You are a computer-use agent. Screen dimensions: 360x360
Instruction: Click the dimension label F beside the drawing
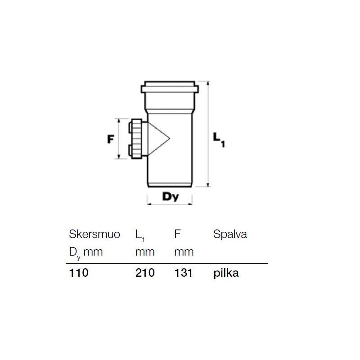click(x=109, y=139)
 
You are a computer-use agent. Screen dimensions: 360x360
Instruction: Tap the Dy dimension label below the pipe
click(x=171, y=196)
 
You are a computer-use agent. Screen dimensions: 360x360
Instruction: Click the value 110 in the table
click(x=79, y=273)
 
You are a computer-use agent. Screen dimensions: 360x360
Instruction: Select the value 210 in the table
click(x=145, y=273)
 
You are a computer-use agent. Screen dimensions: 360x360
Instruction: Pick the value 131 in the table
click(x=184, y=273)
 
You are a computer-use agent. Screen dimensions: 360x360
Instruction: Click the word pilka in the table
click(x=226, y=273)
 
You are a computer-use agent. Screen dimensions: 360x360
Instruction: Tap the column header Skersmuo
click(x=94, y=234)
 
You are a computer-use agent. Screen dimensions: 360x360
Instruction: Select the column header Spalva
click(x=230, y=234)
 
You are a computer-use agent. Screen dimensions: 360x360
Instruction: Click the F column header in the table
click(x=177, y=234)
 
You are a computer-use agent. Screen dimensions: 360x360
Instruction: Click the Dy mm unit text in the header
click(x=85, y=252)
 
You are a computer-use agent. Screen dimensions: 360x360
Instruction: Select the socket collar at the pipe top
click(x=169, y=87)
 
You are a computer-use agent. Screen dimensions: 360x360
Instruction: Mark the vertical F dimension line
click(x=118, y=139)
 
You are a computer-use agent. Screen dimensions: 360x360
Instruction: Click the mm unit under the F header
click(x=184, y=252)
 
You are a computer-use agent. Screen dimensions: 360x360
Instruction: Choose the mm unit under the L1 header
click(x=145, y=252)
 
